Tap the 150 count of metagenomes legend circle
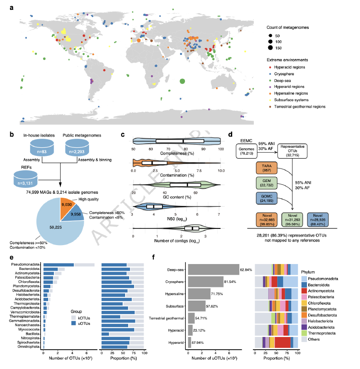tap(271, 48)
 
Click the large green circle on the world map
tap(182, 81)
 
